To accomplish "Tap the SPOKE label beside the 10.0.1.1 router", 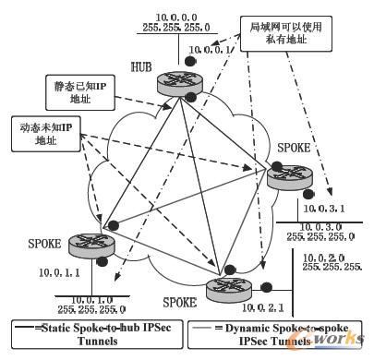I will coord(43,244).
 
